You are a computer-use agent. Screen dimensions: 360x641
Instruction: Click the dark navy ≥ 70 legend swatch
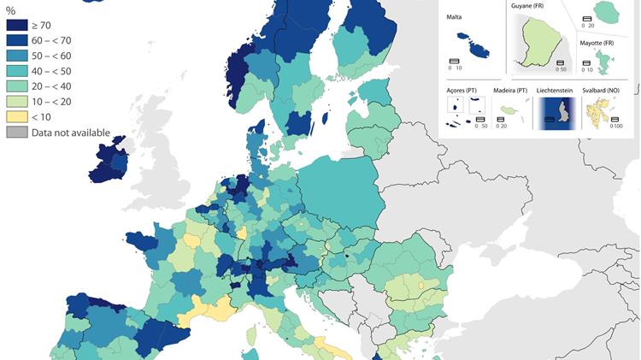(x=17, y=26)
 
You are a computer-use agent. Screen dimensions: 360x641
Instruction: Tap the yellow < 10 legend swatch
(x=17, y=116)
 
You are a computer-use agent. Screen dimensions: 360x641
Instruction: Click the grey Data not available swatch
(x=17, y=132)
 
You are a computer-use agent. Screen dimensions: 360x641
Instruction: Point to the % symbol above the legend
(x=11, y=10)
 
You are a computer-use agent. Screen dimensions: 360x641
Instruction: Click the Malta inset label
(x=454, y=16)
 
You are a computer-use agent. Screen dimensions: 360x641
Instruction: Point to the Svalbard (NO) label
(x=606, y=90)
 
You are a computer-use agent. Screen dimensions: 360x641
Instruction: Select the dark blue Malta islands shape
(x=472, y=44)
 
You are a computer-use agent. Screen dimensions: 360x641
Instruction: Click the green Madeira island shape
(x=511, y=110)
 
